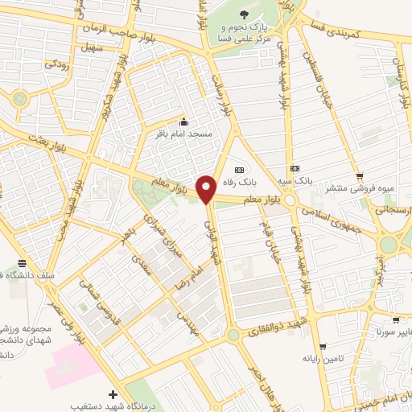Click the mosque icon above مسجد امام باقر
(x=184, y=122)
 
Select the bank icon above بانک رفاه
(x=239, y=170)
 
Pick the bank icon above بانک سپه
(x=295, y=168)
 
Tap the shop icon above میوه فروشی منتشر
(x=360, y=176)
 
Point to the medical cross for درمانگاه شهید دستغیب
(x=113, y=394)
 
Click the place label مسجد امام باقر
(x=184, y=134)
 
